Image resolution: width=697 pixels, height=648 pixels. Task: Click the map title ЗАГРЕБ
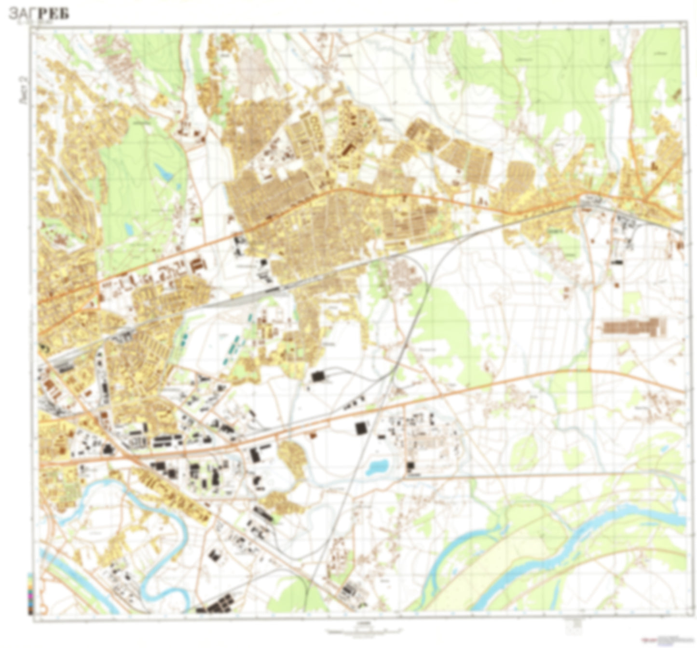[39, 14]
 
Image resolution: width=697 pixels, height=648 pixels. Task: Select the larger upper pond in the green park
[164, 171]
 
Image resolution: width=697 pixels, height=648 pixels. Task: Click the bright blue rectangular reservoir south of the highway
[377, 466]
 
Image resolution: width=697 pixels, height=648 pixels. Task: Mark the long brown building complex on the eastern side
[633, 327]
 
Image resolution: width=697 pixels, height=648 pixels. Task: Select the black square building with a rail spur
[318, 376]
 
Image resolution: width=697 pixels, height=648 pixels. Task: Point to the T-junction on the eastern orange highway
[589, 370]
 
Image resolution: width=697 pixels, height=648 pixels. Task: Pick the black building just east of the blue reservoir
[410, 466]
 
